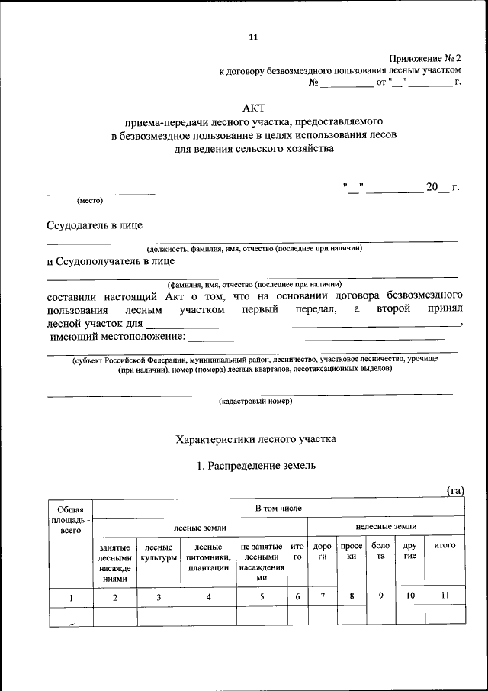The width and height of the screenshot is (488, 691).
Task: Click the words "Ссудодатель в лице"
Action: point(94,225)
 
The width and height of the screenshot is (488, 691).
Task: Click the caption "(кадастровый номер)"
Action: point(255,401)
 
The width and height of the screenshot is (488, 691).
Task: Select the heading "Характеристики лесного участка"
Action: point(255,439)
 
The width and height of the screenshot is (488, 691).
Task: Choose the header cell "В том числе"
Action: point(278,507)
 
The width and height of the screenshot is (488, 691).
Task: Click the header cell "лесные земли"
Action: point(201,527)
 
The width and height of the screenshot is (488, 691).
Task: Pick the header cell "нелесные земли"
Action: point(386,527)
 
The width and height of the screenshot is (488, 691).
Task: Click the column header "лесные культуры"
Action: point(159,553)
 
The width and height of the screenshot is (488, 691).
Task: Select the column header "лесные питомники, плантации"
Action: point(208,557)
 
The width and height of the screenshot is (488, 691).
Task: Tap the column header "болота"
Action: point(379,551)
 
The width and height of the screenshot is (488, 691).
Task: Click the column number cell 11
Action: point(444,596)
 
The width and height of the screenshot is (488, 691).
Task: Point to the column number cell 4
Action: point(208,597)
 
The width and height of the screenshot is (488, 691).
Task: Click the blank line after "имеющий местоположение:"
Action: point(316,337)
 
